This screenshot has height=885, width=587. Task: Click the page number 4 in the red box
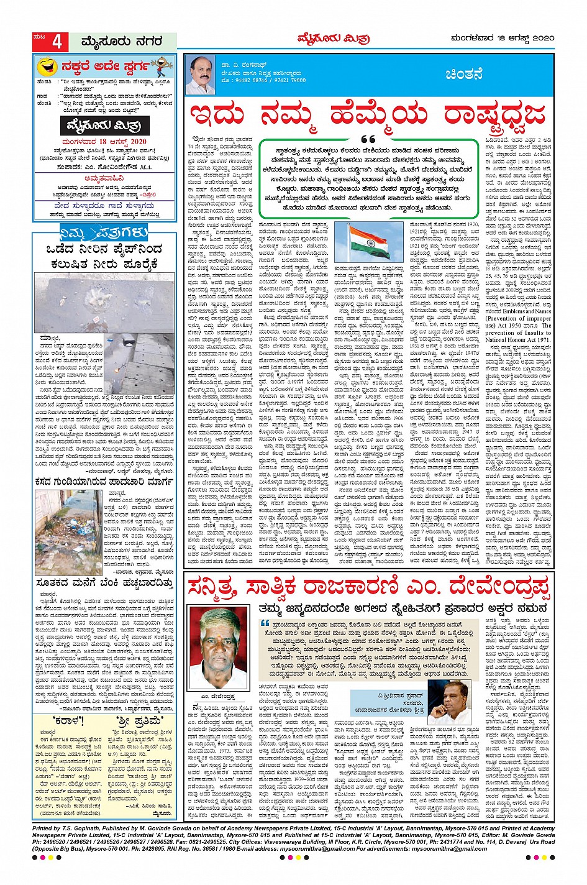click(57, 42)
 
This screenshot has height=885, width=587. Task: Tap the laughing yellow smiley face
click(47, 66)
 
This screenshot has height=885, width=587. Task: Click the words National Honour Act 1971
click(518, 341)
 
